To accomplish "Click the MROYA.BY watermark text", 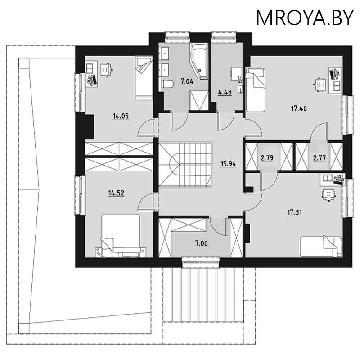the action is point(305,18).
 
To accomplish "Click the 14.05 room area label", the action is point(121,117).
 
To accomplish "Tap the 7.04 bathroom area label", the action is point(187,81).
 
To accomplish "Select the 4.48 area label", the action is point(225,92).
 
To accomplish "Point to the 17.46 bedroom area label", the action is point(299,108).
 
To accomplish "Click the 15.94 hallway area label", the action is point(228,164).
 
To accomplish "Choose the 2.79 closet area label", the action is point(267,158).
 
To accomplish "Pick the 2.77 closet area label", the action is point(319,158).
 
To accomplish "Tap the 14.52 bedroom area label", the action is point(116,193).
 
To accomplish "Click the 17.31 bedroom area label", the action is point(295,212).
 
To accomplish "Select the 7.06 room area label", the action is point(202,243).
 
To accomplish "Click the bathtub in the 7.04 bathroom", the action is point(199,62).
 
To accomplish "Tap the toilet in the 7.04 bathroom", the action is point(167,84).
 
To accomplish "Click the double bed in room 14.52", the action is point(121,235).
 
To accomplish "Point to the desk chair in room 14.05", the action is point(106,69).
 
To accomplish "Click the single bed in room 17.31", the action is point(321,247).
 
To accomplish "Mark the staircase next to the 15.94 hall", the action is point(185,165).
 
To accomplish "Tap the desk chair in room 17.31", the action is point(328,195).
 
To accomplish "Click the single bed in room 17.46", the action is point(255,90).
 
